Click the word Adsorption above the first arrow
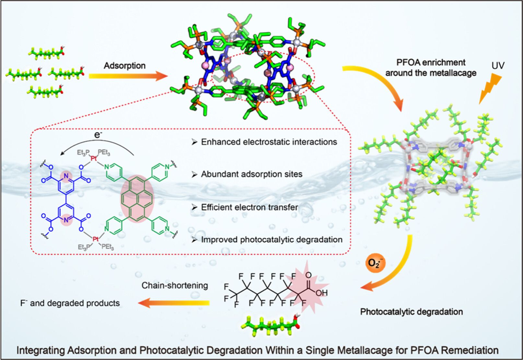(124, 66)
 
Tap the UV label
(498, 66)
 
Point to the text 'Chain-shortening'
(175, 286)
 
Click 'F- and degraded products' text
(70, 303)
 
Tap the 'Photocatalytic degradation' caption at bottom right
(411, 312)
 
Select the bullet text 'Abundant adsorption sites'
(251, 174)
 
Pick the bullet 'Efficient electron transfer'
(250, 207)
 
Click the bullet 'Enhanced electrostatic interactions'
(269, 142)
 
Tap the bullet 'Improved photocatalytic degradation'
(272, 240)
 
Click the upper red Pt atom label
(93, 159)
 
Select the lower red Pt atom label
(95, 239)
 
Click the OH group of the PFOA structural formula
(321, 293)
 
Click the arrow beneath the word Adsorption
(128, 76)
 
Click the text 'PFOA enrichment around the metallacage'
(431, 67)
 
